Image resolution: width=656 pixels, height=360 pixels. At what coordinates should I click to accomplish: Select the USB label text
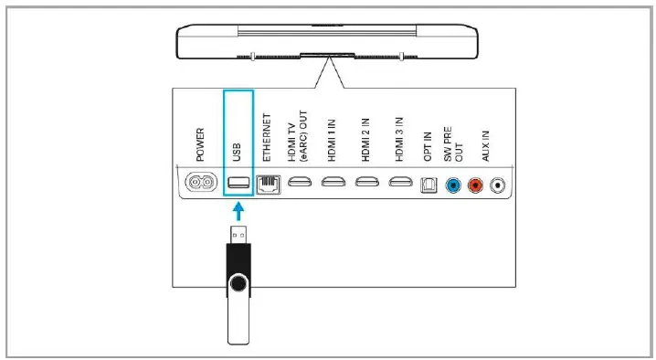(238, 143)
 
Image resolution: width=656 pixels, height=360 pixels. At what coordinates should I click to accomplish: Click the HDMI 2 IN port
(366, 183)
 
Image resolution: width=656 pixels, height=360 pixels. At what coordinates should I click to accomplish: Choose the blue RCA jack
(451, 184)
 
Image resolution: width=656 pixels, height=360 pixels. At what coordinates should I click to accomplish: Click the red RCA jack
(474, 184)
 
